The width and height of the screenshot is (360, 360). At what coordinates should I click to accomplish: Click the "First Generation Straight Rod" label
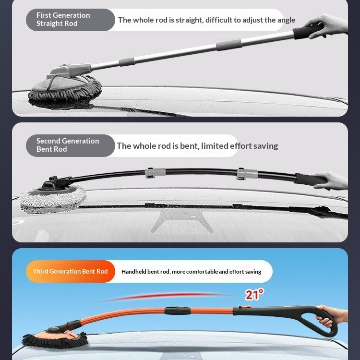[63, 19]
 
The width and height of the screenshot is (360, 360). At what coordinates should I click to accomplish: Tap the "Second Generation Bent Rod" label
[68, 145]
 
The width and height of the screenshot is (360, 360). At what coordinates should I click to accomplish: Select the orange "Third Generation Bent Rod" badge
[70, 271]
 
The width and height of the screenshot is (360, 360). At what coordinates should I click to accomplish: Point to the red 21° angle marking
[254, 295]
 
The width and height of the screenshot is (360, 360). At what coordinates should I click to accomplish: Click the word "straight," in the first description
[190, 20]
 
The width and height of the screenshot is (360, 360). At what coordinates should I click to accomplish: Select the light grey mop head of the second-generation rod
[53, 197]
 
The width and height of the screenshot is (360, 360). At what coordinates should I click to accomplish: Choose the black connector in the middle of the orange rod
[177, 311]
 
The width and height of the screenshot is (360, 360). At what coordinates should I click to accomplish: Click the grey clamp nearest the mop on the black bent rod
[155, 173]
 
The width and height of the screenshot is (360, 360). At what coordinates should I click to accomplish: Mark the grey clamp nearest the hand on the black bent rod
[247, 174]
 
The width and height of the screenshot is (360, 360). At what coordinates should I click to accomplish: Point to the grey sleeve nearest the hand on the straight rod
[228, 45]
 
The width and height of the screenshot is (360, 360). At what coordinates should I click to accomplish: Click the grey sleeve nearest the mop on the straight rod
[127, 62]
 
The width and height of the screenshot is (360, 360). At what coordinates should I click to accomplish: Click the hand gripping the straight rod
[327, 26]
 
